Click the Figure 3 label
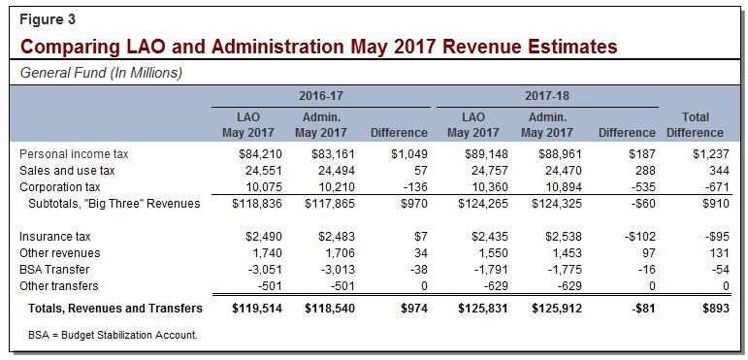45,19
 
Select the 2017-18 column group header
546,98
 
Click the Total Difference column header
695,125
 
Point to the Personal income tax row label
73,153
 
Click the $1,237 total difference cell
703,153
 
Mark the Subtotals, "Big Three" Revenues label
114,203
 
